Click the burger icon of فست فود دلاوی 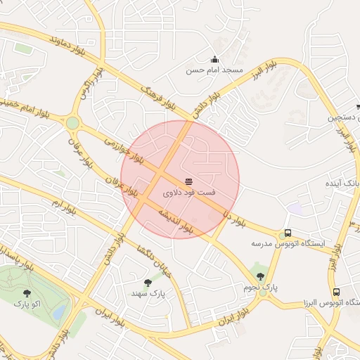(x=188, y=181)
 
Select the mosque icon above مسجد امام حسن (x=214, y=59)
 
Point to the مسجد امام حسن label (x=214, y=70)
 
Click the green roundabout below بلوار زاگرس (x=72, y=123)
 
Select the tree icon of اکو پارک (x=27, y=292)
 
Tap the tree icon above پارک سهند (x=147, y=282)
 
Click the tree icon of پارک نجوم (x=261, y=276)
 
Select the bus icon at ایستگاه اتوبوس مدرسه (x=287, y=233)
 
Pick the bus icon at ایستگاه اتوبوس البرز (x=337, y=291)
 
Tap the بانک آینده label (x=340, y=183)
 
